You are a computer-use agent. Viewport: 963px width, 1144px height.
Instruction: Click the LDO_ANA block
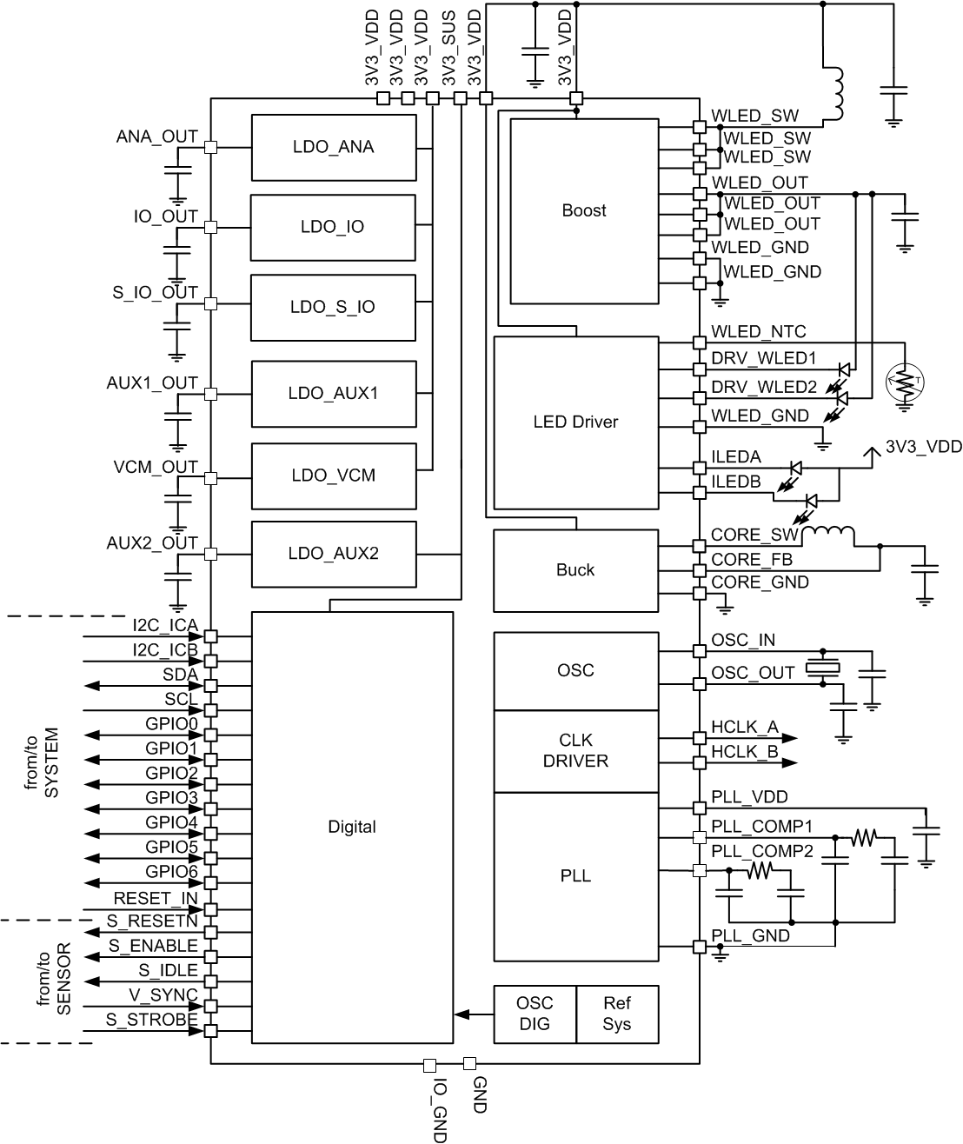point(333,147)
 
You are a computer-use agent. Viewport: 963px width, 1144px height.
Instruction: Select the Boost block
point(583,210)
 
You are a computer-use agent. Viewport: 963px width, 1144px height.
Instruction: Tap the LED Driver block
point(575,422)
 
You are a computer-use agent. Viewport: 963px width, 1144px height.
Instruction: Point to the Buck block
point(575,570)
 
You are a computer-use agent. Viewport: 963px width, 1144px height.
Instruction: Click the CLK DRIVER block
point(575,751)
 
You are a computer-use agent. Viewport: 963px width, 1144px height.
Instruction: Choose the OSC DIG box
point(535,1014)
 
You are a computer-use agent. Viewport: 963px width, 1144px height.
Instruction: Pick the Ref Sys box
point(617,1014)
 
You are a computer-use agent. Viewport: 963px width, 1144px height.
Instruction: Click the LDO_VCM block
point(333,476)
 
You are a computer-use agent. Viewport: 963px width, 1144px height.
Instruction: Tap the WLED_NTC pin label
point(758,332)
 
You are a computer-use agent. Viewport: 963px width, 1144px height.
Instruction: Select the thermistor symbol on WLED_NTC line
point(906,380)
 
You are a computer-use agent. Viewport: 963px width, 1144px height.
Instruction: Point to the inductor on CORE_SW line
point(827,533)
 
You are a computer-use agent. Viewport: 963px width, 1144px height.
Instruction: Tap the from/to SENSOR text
point(53,978)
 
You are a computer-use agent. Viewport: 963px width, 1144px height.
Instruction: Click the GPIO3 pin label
point(171,797)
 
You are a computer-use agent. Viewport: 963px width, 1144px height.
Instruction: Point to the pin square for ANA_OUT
point(209,148)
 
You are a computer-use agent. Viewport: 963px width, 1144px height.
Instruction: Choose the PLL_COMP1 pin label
point(761,827)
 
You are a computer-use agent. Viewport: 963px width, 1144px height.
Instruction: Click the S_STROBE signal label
point(151,1020)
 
